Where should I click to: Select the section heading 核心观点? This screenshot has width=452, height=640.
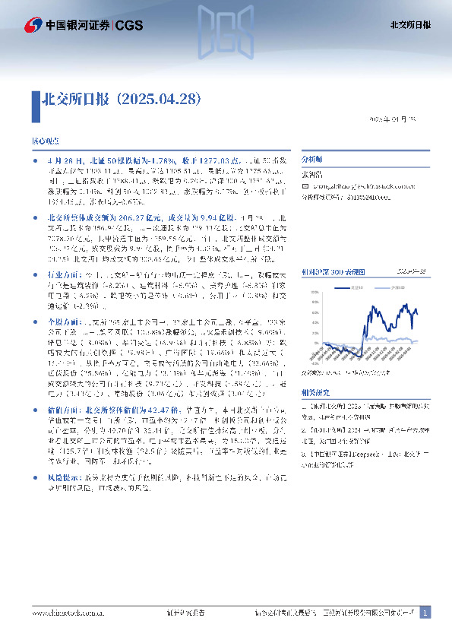click(45, 142)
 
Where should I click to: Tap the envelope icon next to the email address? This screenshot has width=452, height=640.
click(305, 185)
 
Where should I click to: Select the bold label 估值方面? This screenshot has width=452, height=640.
click(63, 409)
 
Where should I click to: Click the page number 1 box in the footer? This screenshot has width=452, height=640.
click(425, 612)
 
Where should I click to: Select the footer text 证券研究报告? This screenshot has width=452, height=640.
click(185, 612)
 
